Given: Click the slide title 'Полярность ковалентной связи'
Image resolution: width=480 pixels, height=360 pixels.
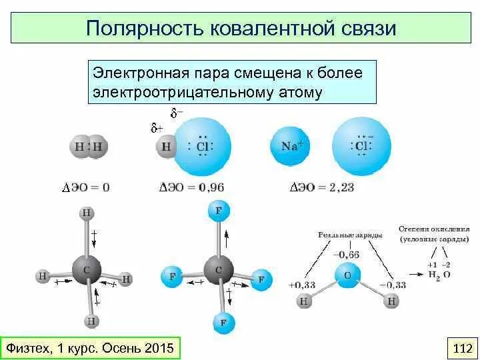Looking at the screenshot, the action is point(241,28).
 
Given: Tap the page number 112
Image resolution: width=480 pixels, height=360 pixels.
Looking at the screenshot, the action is point(462,347).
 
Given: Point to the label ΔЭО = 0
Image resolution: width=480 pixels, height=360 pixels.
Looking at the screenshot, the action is point(87,187).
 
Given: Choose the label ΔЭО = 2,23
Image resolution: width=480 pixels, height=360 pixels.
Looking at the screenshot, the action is point(323,187).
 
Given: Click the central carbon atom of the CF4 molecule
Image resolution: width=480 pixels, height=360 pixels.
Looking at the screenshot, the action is point(219,269).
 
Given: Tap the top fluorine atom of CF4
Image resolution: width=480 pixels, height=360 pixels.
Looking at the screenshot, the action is point(218,212).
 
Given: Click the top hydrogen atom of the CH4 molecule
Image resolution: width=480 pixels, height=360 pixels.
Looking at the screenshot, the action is point(87,213).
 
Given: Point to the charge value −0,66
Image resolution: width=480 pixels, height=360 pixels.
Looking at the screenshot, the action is point(346,254).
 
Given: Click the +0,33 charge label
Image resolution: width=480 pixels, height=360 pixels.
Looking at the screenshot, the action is point(301,286).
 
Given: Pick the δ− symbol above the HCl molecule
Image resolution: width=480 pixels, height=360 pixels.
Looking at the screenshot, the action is point(177,113).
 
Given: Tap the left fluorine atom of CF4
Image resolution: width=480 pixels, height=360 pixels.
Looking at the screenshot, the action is point(172,277).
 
